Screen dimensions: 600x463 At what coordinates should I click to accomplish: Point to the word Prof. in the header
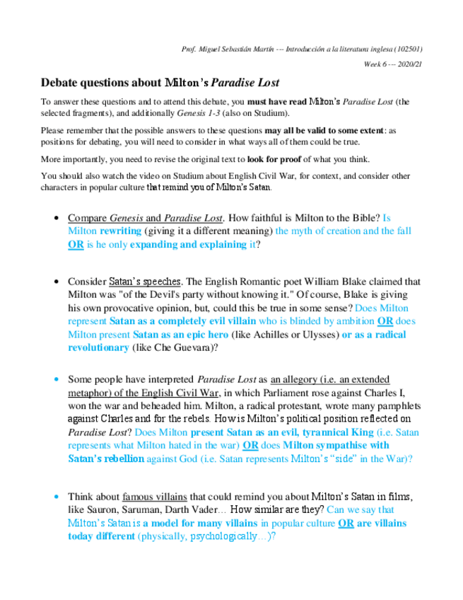tap(188, 50)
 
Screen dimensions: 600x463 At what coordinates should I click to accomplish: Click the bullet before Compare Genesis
tap(57, 219)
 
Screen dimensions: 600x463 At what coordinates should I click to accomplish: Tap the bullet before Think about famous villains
tap(57, 497)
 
